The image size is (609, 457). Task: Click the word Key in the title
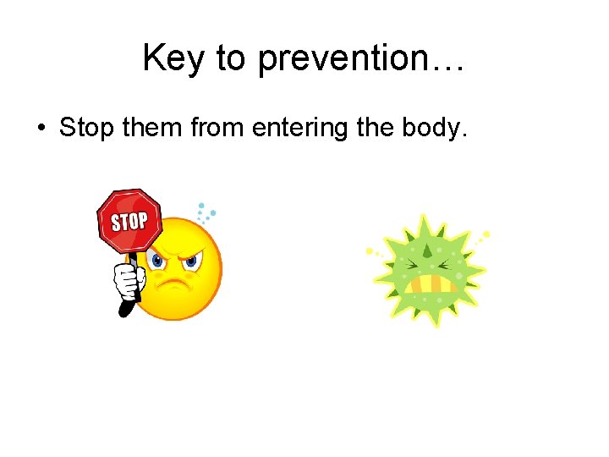pos(173,59)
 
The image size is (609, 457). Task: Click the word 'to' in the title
pos(232,59)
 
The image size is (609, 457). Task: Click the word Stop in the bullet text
pos(87,128)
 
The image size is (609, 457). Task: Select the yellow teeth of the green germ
pos(433,283)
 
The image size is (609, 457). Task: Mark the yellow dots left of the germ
pos(372,251)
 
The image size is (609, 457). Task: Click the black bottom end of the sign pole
pos(125,310)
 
